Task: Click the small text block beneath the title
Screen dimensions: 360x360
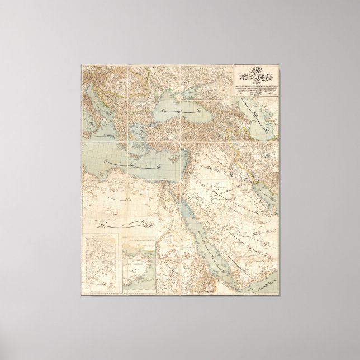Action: click(x=254, y=92)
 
